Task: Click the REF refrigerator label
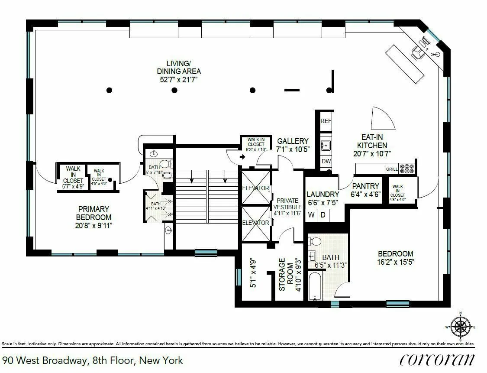[326, 122]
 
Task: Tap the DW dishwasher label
[326, 161]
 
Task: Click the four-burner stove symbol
[407, 168]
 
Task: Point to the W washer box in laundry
[311, 215]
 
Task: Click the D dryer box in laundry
[323, 215]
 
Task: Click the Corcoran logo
[437, 360]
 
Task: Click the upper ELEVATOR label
[256, 188]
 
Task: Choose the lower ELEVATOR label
[256, 223]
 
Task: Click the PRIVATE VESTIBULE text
[287, 207]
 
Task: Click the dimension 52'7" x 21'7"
[179, 80]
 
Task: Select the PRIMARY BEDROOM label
[94, 213]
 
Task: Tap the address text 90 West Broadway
[93, 360]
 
